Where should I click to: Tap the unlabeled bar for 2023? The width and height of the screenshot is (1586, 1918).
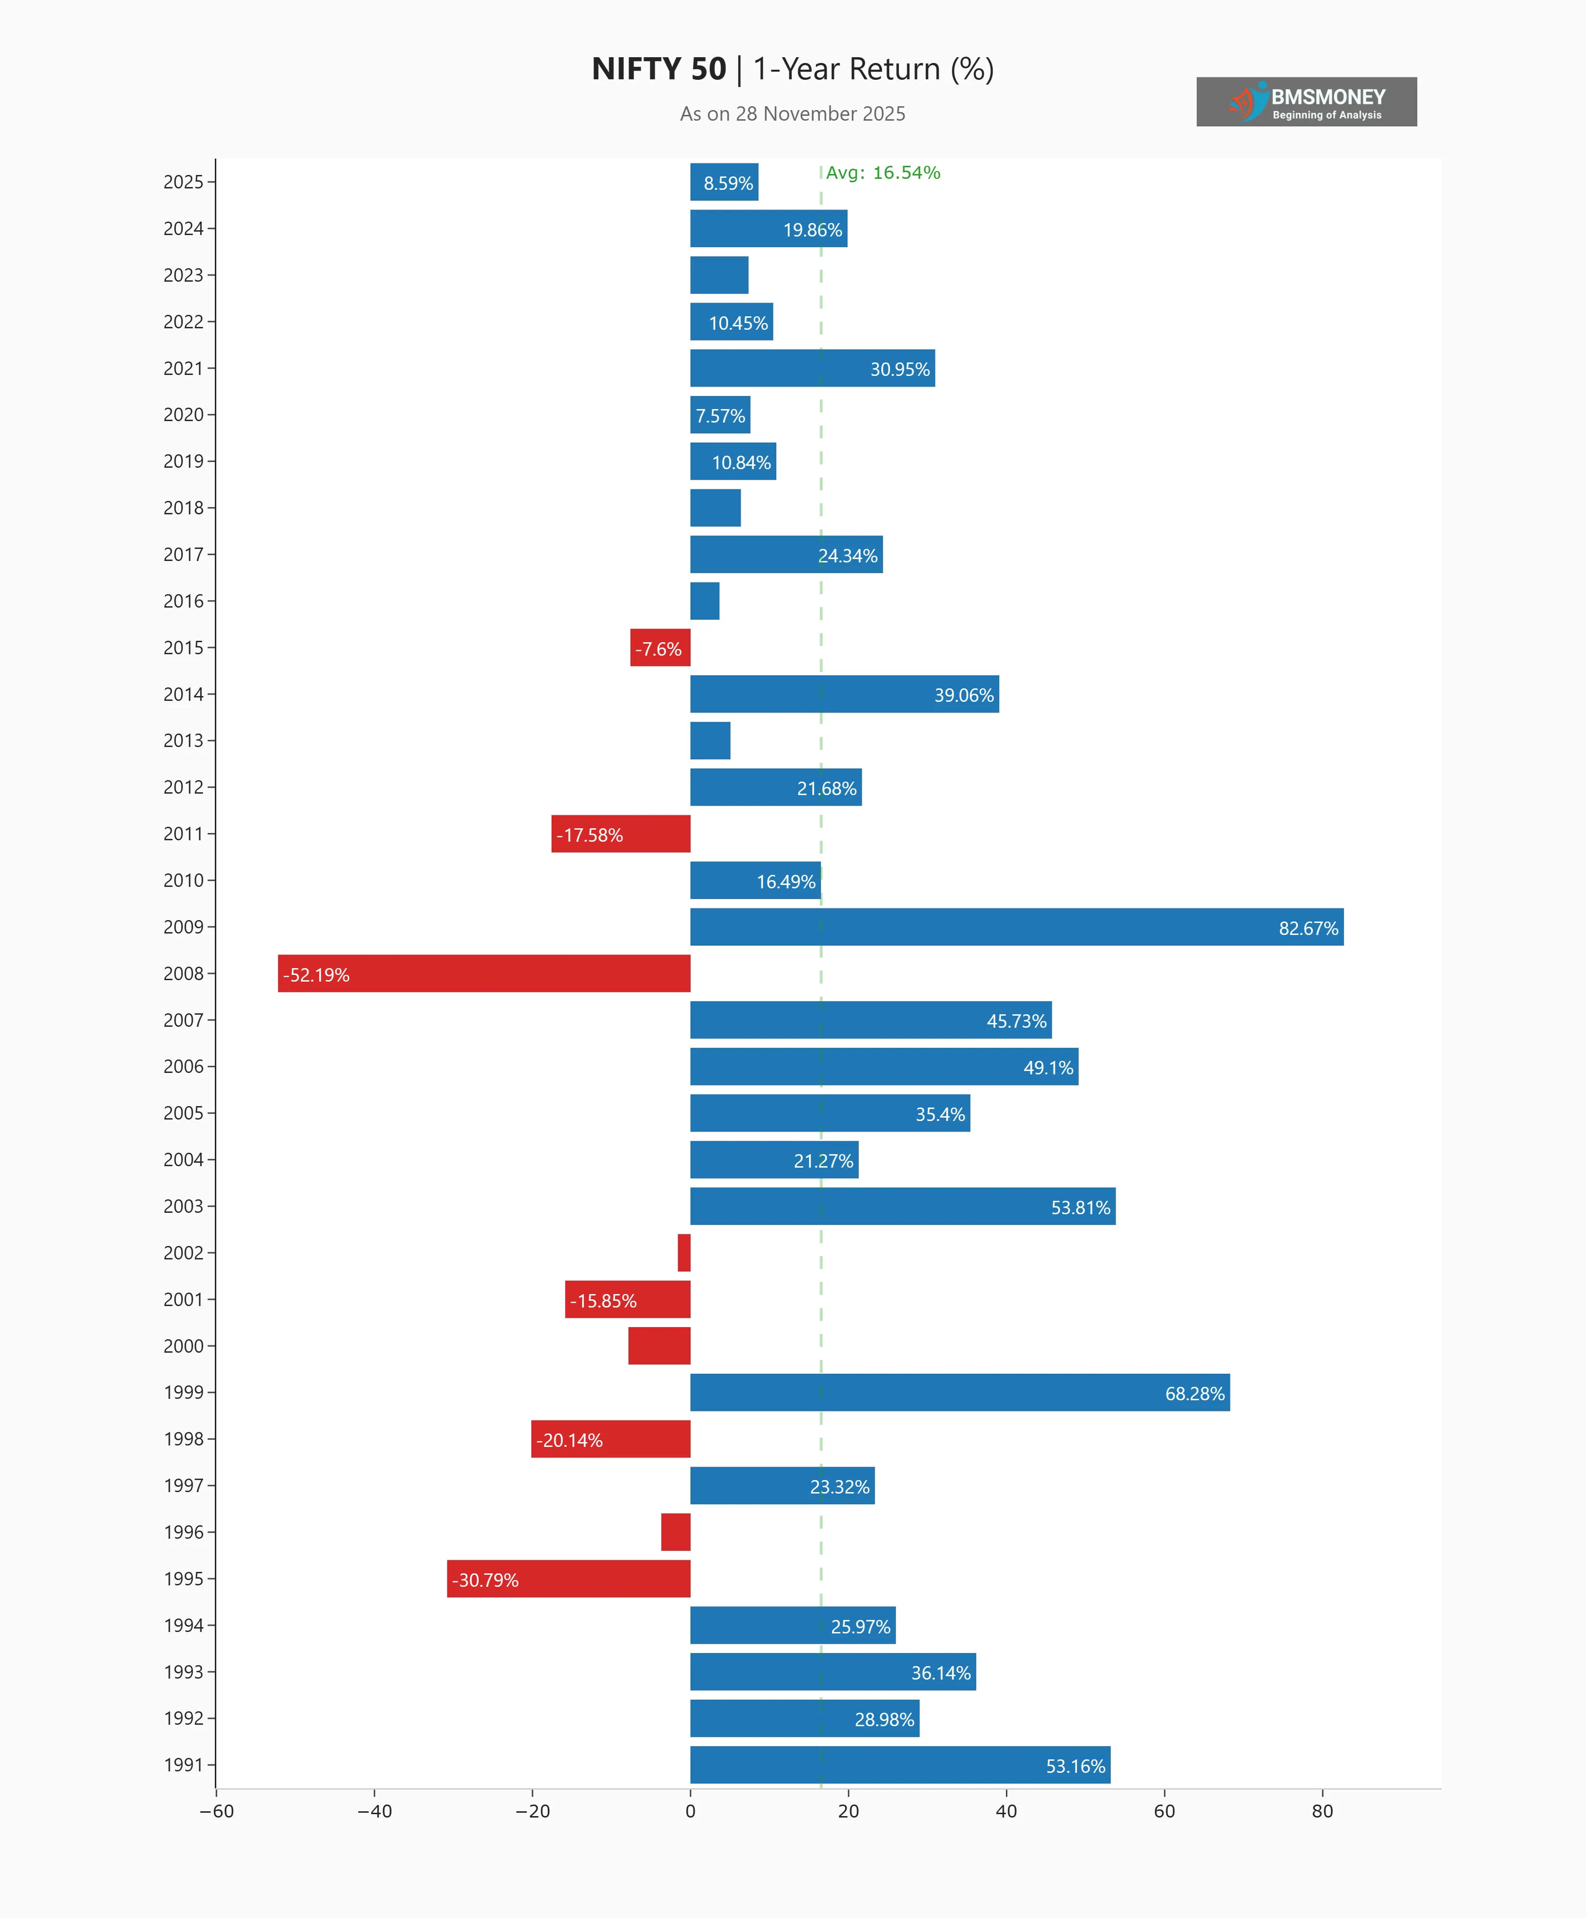(x=719, y=275)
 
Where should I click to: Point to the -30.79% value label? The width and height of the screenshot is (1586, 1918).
(x=485, y=1580)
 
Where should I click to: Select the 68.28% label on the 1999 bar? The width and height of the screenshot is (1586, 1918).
(x=1194, y=1394)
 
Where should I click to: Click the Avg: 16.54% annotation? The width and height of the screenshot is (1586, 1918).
(x=883, y=173)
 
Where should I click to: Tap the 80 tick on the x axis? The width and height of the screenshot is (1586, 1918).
(x=1322, y=1811)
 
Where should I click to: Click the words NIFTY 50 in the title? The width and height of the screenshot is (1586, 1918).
(x=658, y=69)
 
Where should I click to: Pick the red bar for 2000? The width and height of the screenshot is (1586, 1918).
(x=659, y=1345)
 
